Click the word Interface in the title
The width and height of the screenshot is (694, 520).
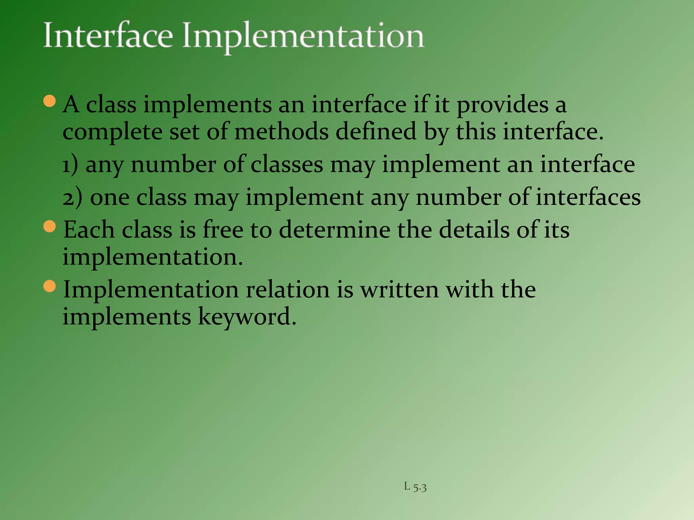pyautogui.click(x=108, y=36)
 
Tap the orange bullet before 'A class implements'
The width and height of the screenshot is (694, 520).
pyautogui.click(x=50, y=101)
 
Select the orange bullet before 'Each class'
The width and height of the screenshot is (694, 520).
pyautogui.click(x=50, y=226)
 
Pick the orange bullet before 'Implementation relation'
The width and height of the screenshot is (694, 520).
pyautogui.click(x=50, y=286)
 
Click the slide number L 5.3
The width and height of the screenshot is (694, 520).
pyautogui.click(x=415, y=487)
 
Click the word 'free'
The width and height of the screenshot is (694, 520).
pyautogui.click(x=223, y=230)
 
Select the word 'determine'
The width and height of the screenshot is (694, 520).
pyautogui.click(x=334, y=230)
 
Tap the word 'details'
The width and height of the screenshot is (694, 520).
pyautogui.click(x=474, y=230)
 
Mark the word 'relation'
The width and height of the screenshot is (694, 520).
pyautogui.click(x=287, y=290)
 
